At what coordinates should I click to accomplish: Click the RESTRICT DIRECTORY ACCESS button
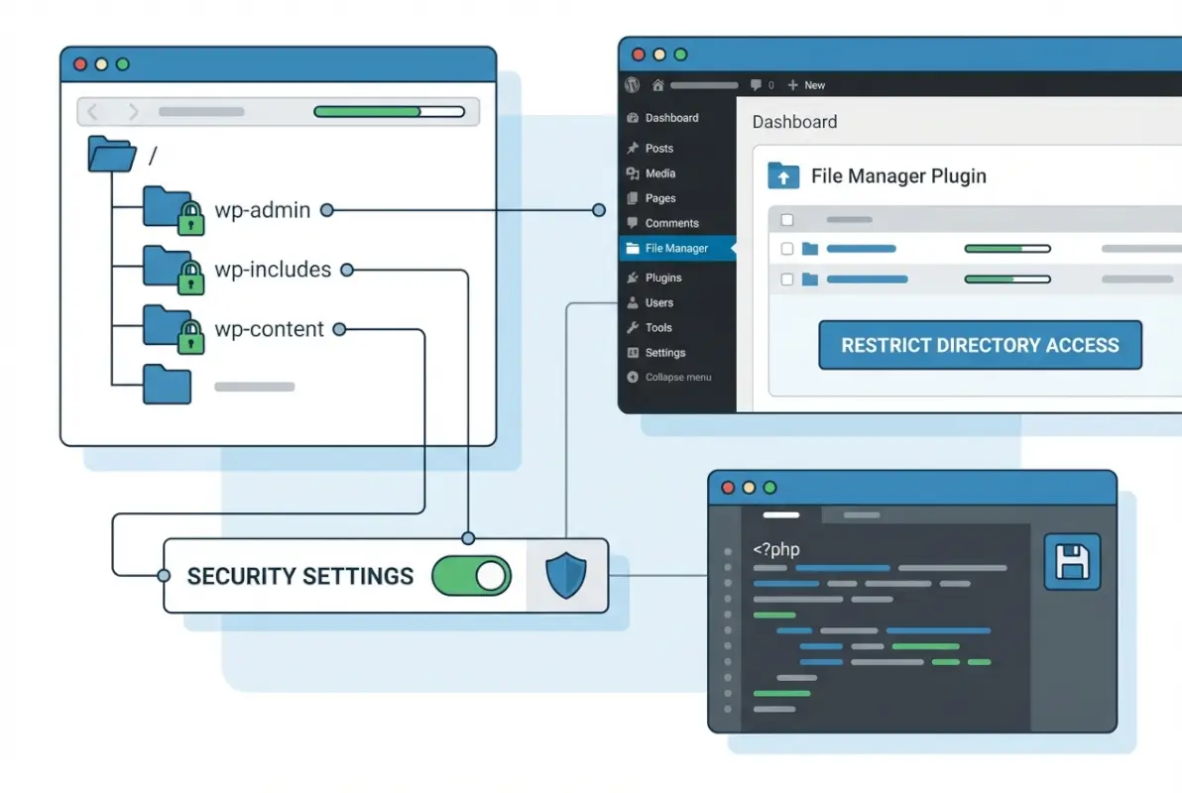click(x=980, y=345)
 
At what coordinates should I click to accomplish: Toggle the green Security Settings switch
click(x=472, y=576)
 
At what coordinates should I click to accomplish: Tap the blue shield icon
click(x=566, y=576)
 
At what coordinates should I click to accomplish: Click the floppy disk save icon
click(x=1072, y=561)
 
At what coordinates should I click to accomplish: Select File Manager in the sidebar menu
click(x=676, y=249)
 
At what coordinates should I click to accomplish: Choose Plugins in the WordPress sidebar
click(x=662, y=278)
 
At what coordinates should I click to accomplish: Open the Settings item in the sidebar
click(x=664, y=353)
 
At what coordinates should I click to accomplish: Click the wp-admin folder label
click(x=262, y=210)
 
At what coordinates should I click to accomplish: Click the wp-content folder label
click(x=269, y=329)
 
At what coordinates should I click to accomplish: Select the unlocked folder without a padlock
click(x=166, y=385)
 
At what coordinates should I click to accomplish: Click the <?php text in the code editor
click(x=775, y=548)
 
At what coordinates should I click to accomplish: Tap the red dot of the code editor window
click(x=728, y=488)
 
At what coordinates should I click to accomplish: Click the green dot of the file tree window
click(x=123, y=64)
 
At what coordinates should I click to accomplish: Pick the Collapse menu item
click(x=677, y=378)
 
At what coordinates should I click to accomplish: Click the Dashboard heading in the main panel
click(x=794, y=122)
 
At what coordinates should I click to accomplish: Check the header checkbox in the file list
click(x=787, y=219)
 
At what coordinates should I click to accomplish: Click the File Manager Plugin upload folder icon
click(x=783, y=176)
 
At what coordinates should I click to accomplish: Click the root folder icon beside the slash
click(x=111, y=155)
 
